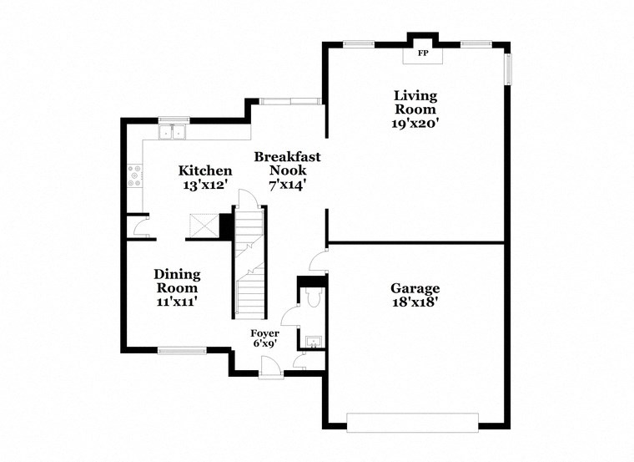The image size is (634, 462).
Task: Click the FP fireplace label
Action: click(x=422, y=53)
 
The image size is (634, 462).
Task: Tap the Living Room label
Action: click(x=415, y=103)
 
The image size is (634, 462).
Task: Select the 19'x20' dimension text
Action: click(x=415, y=123)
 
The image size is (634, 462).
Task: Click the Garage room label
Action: click(x=415, y=288)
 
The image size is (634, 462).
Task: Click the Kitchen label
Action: click(x=204, y=170)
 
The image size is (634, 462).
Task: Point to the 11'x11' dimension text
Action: click(x=176, y=302)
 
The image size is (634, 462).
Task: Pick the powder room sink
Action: click(x=314, y=340)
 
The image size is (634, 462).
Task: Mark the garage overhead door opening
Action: click(x=414, y=422)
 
